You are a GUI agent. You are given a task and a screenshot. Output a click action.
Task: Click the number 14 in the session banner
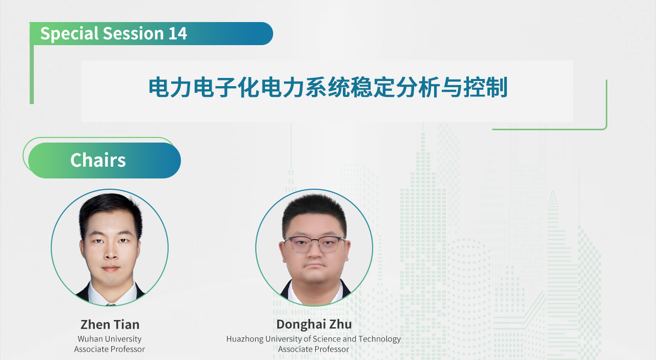pos(177,33)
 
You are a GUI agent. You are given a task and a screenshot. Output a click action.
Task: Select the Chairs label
pos(98,160)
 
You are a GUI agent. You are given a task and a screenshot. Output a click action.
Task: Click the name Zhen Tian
pos(110,325)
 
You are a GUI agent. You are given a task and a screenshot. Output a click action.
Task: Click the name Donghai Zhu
pos(314,324)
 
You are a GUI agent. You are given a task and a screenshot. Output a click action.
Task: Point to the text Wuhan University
pos(110,339)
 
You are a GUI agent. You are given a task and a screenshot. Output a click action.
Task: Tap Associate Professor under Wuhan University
pos(110,349)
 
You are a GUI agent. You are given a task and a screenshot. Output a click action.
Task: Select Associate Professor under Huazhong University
pos(313,349)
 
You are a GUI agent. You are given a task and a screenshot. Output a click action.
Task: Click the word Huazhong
pos(244,339)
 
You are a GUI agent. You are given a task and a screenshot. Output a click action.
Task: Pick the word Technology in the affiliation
pos(379,339)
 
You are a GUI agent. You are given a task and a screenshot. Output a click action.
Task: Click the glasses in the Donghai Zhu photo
pos(315,244)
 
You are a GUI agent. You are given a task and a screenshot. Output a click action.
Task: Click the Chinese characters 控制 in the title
pos(485,87)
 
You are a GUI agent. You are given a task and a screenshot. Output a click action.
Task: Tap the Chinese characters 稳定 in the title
pos(373,87)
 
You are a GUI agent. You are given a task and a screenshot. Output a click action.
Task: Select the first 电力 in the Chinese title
pos(171,87)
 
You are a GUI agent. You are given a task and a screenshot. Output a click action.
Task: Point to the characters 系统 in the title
pos(327,87)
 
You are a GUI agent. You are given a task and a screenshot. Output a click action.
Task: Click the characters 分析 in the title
pos(418,87)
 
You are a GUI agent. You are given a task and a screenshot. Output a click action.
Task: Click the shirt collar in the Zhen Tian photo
pos(111,295)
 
